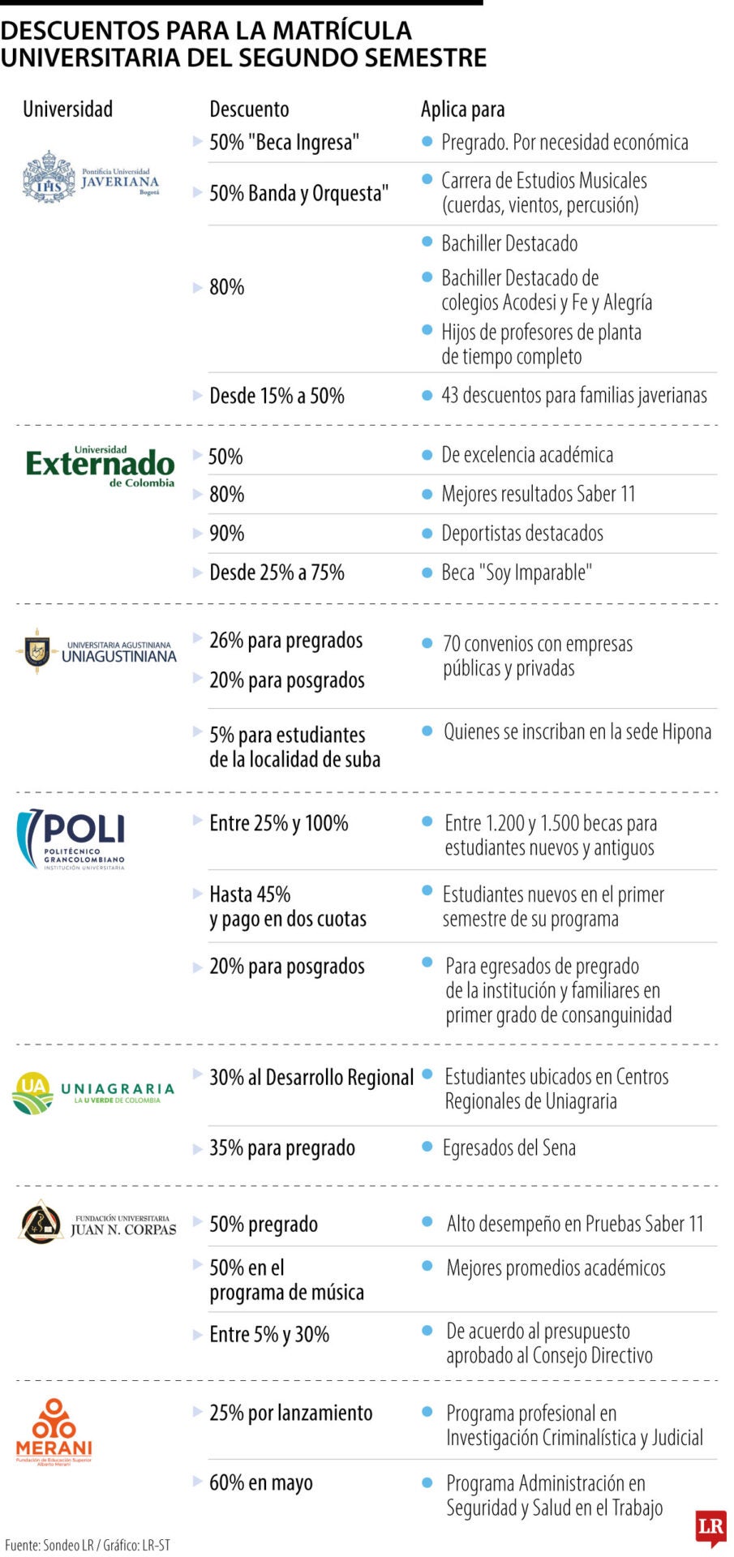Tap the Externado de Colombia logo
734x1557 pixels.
click(100, 466)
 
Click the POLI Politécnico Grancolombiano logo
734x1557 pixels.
click(71, 839)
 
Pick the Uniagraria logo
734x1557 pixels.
click(94, 1092)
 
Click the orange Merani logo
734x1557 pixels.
click(54, 1433)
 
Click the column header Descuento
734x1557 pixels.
click(249, 109)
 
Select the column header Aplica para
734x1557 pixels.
click(462, 109)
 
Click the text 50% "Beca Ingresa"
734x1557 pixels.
click(284, 143)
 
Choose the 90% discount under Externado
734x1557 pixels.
click(226, 534)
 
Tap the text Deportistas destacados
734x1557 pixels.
click(522, 534)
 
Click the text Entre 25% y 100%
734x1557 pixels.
click(278, 823)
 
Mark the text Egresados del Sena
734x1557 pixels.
click(509, 1148)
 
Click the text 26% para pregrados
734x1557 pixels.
click(285, 641)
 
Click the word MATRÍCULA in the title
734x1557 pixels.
click(341, 31)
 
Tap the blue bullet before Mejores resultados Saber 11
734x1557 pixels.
click(427, 494)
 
